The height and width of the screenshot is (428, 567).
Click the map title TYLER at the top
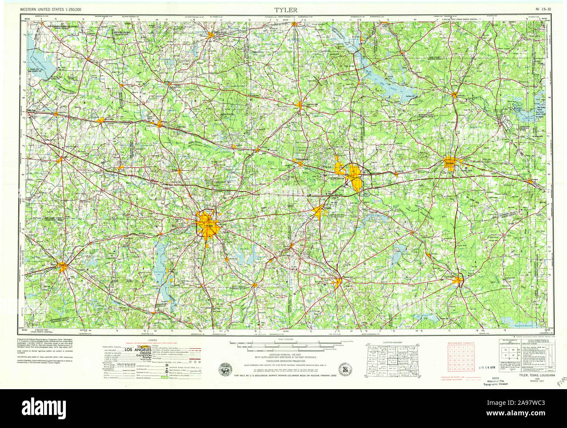pos(286,9)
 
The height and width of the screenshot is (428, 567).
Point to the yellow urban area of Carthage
pos(458,279)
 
